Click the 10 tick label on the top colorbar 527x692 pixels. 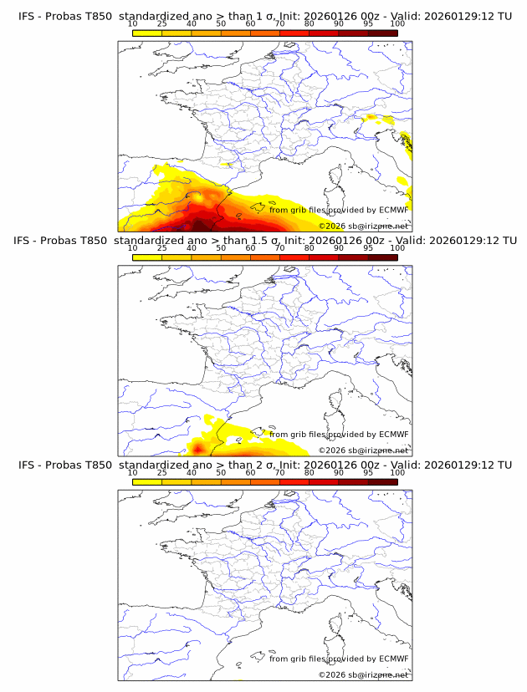132,23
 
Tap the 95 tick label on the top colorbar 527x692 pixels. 368,23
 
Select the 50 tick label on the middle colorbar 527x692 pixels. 221,248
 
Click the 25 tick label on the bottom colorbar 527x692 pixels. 161,472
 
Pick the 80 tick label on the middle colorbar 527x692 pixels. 310,248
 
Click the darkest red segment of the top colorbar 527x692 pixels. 383,33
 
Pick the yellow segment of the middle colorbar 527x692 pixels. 147,257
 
